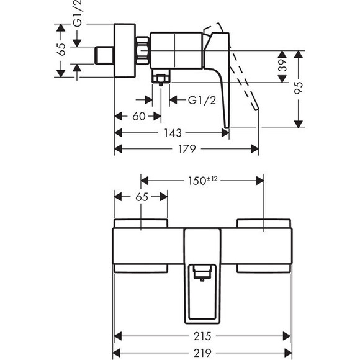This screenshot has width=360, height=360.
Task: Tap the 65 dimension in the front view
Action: point(141,197)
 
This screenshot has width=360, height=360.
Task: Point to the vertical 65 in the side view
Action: point(61,50)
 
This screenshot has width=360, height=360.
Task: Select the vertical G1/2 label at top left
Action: point(77,14)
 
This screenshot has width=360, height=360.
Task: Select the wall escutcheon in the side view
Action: point(125,51)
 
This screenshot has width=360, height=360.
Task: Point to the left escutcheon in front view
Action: point(141,223)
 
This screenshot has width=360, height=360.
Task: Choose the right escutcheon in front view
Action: point(264,223)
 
